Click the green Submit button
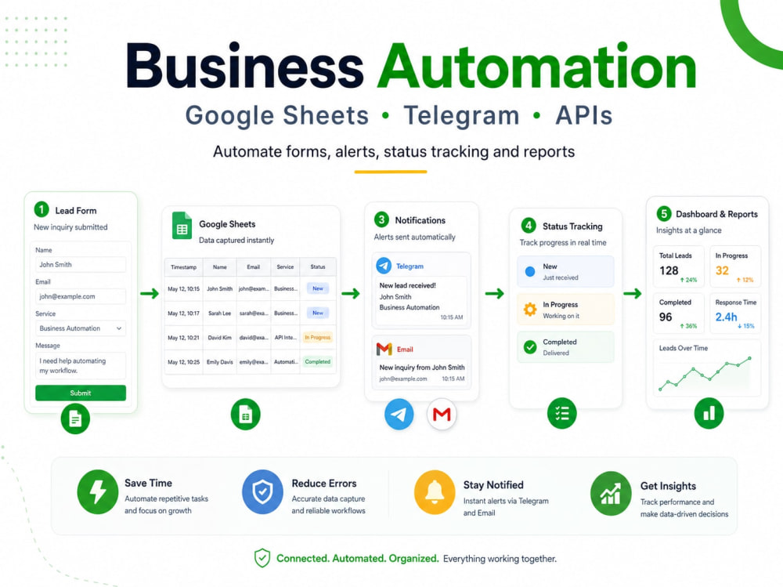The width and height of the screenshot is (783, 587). point(81,393)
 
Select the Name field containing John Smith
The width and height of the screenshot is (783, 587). point(81,264)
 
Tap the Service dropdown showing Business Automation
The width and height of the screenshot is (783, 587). point(81,328)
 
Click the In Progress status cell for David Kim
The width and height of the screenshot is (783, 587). point(318,338)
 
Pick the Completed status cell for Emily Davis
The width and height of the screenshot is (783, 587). point(318,361)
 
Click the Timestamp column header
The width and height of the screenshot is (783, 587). point(183,267)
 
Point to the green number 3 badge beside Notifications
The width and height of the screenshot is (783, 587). point(381,219)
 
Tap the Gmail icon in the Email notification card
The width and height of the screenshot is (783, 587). point(384,349)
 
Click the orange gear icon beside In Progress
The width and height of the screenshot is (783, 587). point(530,310)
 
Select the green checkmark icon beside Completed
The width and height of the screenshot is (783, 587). point(530,346)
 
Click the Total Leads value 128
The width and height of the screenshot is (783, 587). point(669,270)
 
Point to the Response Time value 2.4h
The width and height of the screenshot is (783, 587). point(726,317)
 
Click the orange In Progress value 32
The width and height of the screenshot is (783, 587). point(722,270)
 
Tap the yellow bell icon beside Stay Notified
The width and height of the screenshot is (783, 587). point(435,492)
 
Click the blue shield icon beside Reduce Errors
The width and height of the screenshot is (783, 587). point(262,492)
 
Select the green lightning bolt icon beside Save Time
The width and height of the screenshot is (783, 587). point(98,492)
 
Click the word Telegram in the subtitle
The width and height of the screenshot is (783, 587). point(461,116)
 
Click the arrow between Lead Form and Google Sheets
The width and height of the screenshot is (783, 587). point(150,293)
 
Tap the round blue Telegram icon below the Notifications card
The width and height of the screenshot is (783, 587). point(399,414)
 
